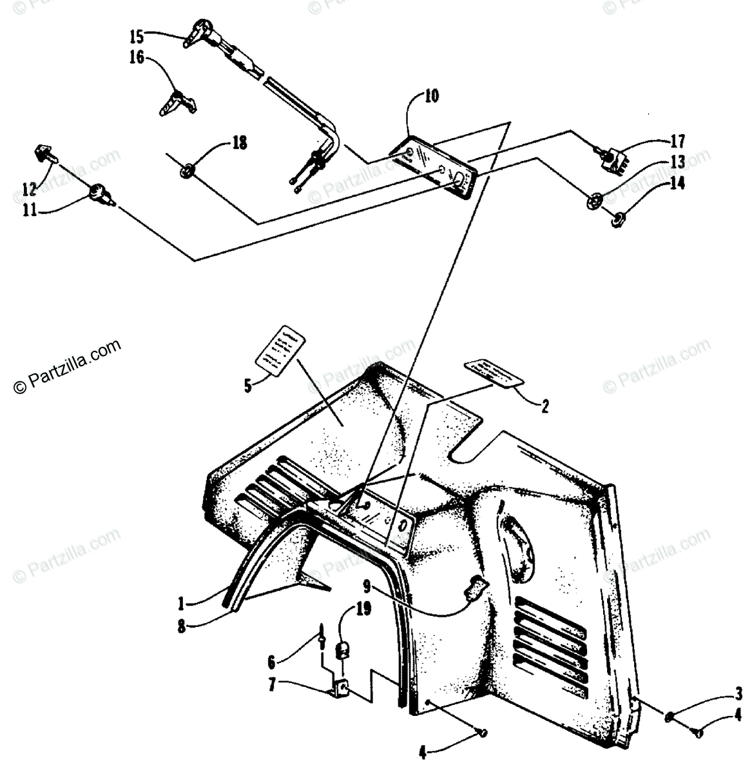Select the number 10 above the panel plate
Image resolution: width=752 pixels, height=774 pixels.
(431, 97)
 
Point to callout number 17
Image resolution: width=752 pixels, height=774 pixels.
(677, 141)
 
